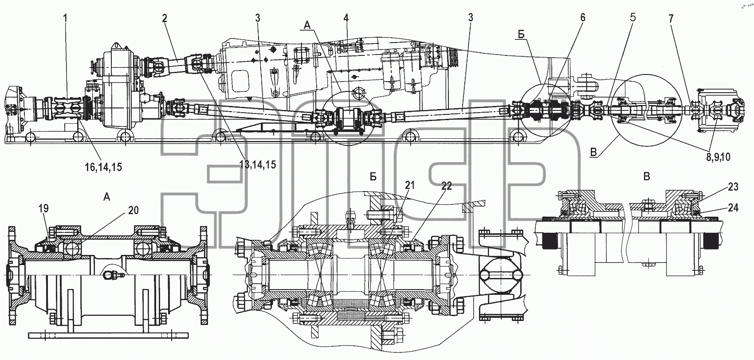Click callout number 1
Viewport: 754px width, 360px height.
coord(65,18)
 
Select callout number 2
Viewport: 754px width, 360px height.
coord(164,19)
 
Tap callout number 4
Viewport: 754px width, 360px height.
coord(346,19)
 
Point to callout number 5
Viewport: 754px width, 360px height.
coord(633,17)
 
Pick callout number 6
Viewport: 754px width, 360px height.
coord(583,17)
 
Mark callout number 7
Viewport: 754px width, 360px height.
coord(671,19)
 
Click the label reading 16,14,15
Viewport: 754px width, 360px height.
coord(103,167)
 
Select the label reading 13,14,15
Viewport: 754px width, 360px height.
coord(258,164)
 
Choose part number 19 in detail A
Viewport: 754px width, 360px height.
coord(44,209)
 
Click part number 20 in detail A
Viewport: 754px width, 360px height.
coord(134,210)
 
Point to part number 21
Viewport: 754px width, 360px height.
coord(410,185)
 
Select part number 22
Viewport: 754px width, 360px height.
coord(446,186)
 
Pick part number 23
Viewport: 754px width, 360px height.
coord(733,187)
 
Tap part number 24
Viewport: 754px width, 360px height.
coord(733,208)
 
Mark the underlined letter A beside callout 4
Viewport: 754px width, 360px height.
coord(306,25)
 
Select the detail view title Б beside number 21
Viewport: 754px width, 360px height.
coord(373,176)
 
